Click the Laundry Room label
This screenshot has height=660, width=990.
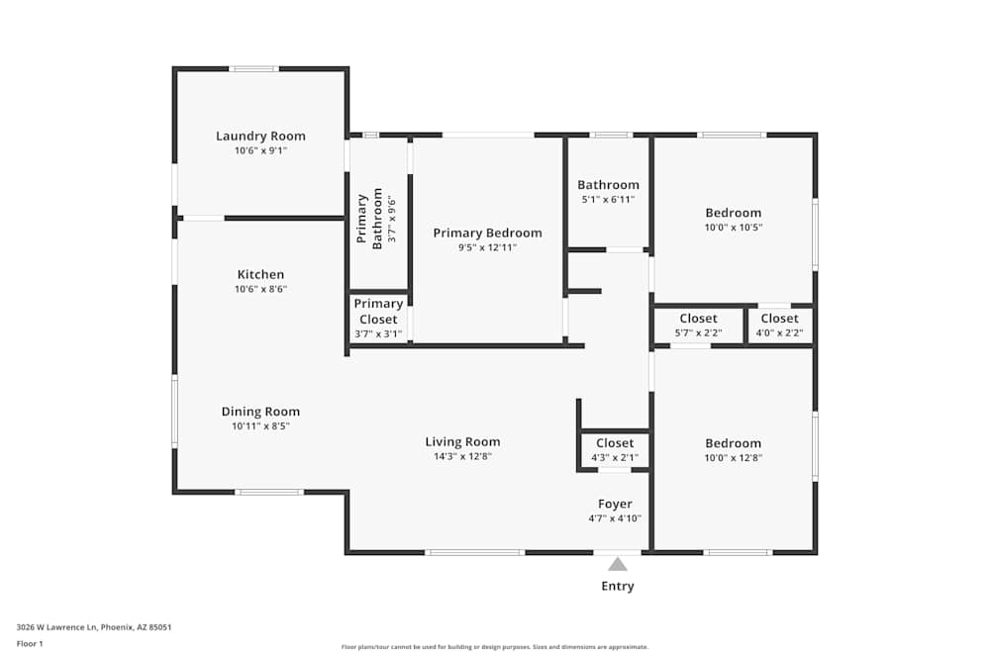[260, 137]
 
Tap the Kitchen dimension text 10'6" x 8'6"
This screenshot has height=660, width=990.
[260, 290]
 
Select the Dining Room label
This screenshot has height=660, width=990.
[260, 412]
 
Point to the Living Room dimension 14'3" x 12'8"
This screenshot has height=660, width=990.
[462, 457]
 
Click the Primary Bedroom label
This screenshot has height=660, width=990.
[487, 234]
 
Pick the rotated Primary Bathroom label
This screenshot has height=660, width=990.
[369, 219]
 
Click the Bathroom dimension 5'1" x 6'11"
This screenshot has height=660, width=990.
[608, 200]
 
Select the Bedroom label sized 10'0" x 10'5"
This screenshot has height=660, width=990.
[733, 213]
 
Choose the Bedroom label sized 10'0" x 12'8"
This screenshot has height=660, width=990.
[733, 443]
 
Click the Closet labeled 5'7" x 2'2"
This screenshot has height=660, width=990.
[698, 319]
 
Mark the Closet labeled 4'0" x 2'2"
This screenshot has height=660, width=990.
[779, 319]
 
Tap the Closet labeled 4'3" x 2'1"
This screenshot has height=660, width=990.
[615, 443]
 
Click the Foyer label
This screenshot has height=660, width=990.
[615, 505]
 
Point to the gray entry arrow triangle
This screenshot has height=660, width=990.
[618, 565]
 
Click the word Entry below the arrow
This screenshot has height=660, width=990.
[618, 586]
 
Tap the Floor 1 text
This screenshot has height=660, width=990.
[29, 643]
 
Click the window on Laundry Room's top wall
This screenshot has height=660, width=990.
[254, 68]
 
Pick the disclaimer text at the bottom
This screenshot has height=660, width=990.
[494, 647]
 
